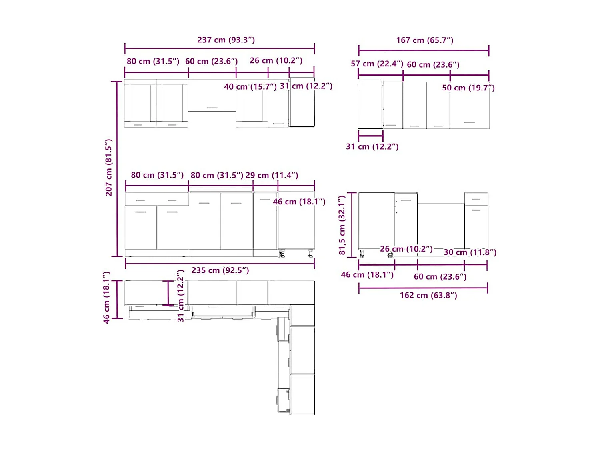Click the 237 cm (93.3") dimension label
pyautogui.click(x=226, y=40)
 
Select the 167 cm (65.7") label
pyautogui.click(x=425, y=40)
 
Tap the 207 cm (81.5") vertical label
pyautogui.click(x=109, y=168)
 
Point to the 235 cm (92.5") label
pyautogui.click(x=220, y=270)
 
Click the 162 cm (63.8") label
pyautogui.click(x=428, y=296)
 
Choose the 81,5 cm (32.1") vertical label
pyautogui.click(x=342, y=225)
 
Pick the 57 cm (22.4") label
pyautogui.click(x=377, y=64)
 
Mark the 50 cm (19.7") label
pyautogui.click(x=468, y=88)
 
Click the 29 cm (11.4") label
pyautogui.click(x=272, y=175)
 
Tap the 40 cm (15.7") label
pyautogui.click(x=250, y=87)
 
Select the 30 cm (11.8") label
pyautogui.click(x=470, y=252)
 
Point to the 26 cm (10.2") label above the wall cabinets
pyautogui.click(x=276, y=61)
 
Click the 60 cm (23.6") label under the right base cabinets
pyautogui.click(x=440, y=277)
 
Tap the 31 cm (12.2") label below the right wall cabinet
pyautogui.click(x=372, y=147)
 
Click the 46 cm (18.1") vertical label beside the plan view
pyautogui.click(x=106, y=298)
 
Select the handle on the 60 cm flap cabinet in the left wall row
pyautogui.click(x=212, y=108)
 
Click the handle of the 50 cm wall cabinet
pyautogui.click(x=470, y=122)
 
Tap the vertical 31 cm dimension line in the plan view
pyautogui.click(x=168, y=293)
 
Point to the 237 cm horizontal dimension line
pyautogui.click(x=220, y=48)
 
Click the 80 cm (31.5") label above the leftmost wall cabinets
pyautogui.click(x=153, y=62)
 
